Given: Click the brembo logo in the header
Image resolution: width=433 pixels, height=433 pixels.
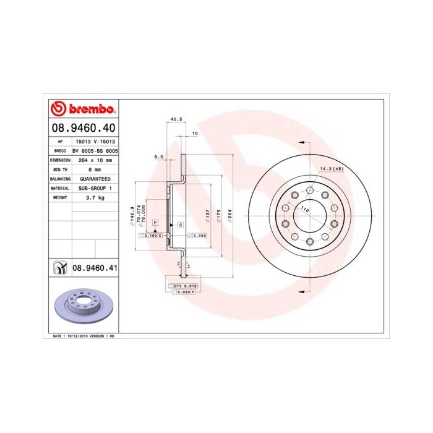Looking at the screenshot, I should (x=83, y=109).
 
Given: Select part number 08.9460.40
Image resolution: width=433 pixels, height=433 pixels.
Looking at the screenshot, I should (x=82, y=129).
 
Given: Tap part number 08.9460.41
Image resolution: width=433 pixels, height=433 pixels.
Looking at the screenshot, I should (x=95, y=268).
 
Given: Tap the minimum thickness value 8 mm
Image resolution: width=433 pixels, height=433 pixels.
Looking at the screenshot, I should (x=94, y=169).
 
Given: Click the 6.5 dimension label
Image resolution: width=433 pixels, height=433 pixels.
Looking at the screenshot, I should (x=158, y=157).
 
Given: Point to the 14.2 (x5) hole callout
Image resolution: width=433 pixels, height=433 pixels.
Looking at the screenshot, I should (x=331, y=168).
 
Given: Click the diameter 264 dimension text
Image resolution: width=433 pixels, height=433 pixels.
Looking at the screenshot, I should (x=230, y=216).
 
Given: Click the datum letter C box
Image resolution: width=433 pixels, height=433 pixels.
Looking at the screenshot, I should (x=180, y=225).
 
